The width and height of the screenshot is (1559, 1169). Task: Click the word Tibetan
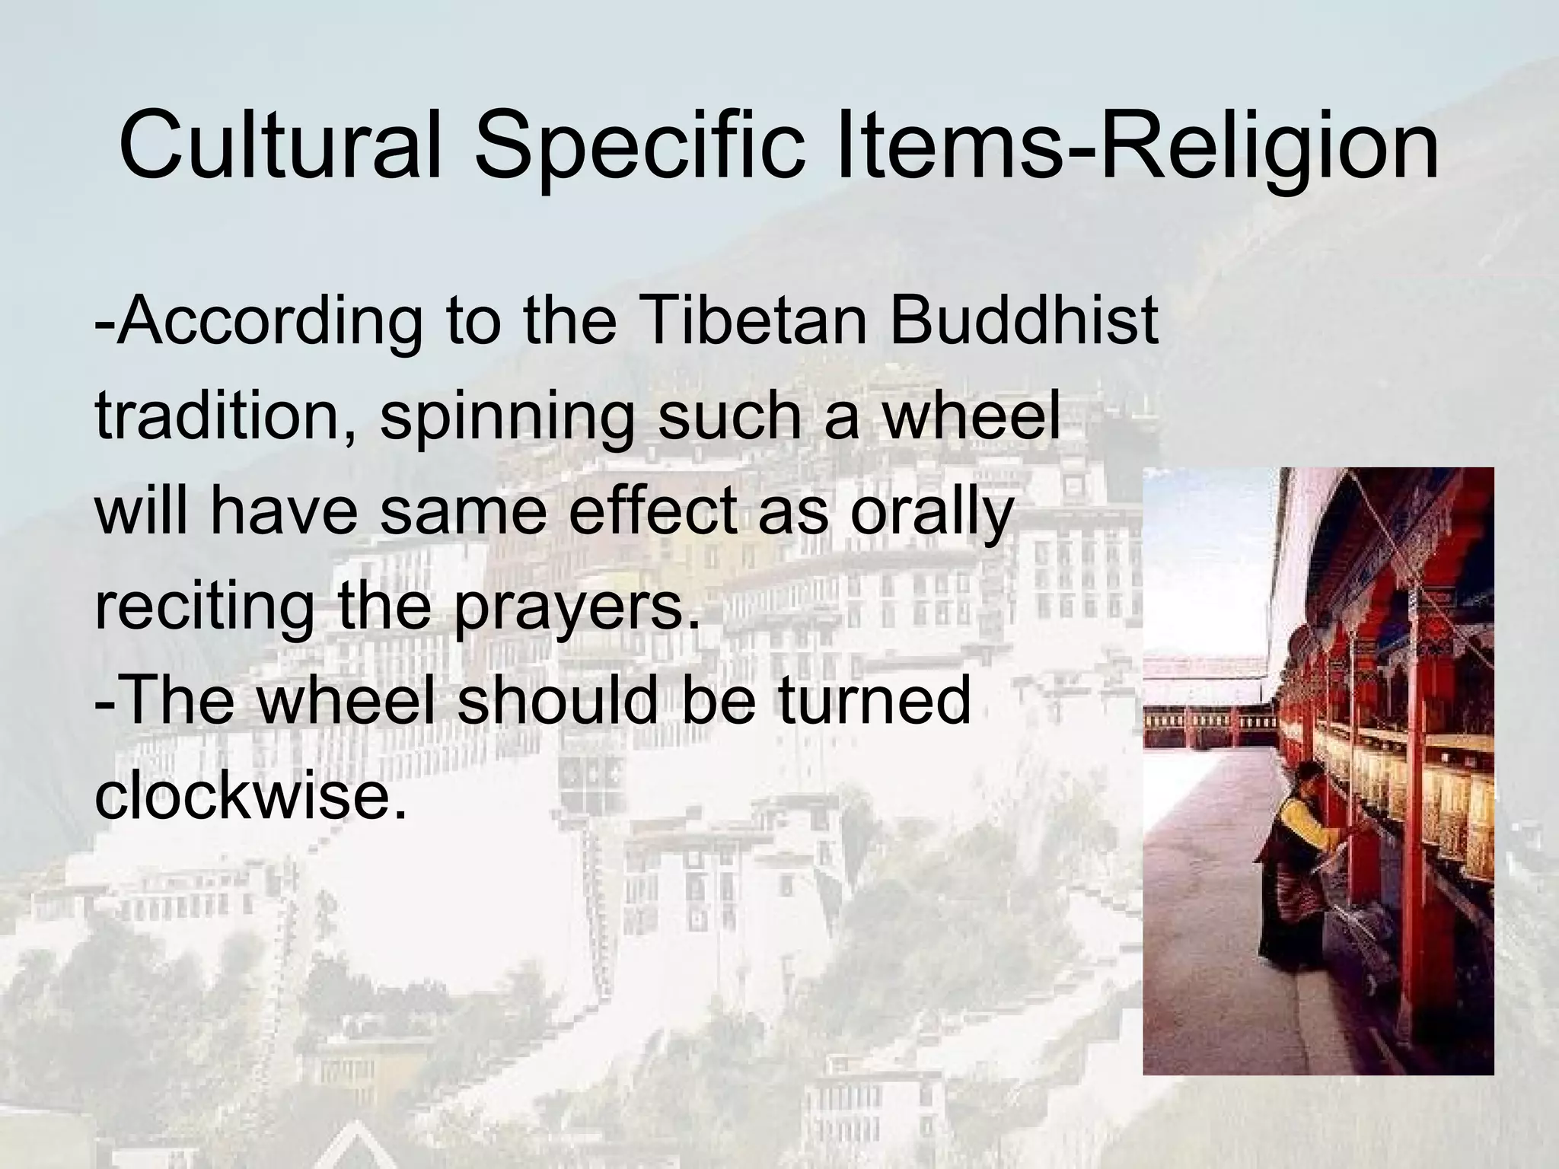(x=754, y=320)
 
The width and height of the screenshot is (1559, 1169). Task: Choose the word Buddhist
(x=1024, y=320)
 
